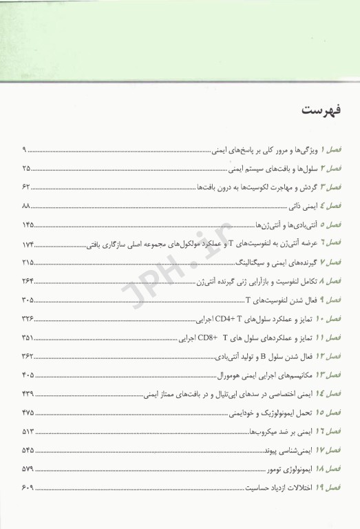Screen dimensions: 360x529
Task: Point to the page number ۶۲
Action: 27,187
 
